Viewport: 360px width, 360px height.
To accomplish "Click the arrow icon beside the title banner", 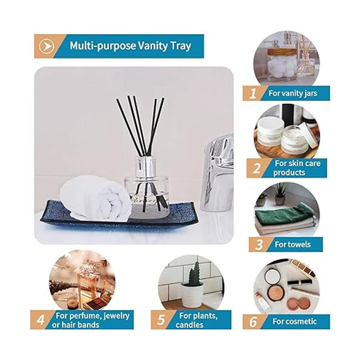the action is tap(46, 46).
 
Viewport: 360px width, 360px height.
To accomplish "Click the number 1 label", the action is tap(253, 93).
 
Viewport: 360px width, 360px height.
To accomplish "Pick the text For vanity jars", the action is tap(293, 93).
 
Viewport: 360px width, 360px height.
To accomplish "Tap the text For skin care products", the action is tap(297, 168).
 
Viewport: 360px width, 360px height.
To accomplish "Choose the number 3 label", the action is tap(259, 245).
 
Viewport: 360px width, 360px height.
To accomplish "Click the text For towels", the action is tap(292, 244).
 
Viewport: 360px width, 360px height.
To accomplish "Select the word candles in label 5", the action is tap(189, 325).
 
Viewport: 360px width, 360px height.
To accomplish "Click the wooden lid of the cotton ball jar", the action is tap(282, 52).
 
